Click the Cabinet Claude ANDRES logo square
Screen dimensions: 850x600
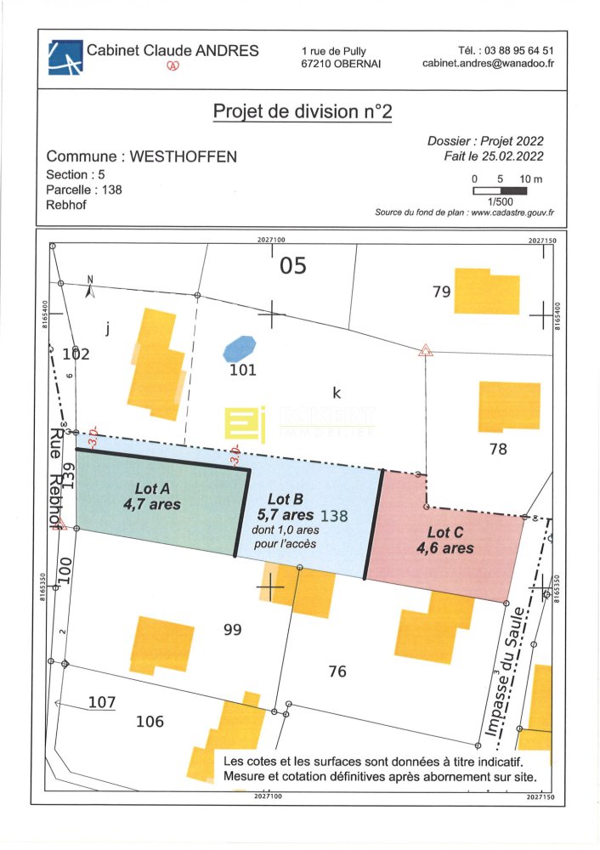point(65,57)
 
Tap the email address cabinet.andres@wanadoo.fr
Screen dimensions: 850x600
point(488,64)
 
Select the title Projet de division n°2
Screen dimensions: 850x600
point(303,111)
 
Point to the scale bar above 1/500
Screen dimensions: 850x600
point(501,190)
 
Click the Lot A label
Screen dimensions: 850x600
point(152,489)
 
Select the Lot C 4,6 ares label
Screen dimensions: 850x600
point(444,541)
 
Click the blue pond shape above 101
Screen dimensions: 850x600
point(239,348)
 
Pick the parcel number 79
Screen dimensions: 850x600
point(441,292)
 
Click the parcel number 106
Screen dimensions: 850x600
point(150,722)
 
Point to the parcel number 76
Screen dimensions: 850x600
point(337,671)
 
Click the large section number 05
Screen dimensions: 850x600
point(293,267)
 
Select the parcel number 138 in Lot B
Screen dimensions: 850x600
point(332,515)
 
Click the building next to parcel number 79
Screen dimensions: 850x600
point(486,291)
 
